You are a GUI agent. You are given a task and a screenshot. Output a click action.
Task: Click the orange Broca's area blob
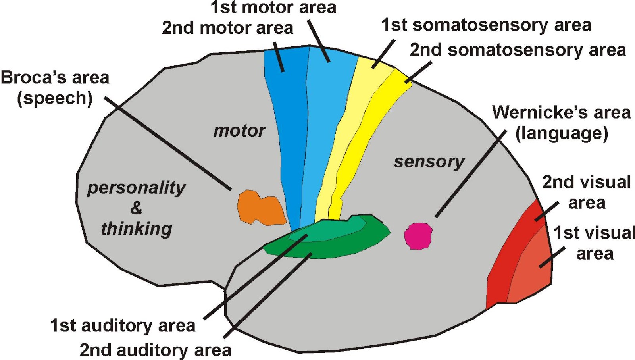tap(260, 208)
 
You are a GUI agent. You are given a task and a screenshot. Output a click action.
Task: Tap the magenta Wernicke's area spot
tap(418, 236)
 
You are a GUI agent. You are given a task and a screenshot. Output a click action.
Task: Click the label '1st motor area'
tap(273, 8)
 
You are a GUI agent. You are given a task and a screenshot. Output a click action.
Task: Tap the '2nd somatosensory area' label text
tap(518, 50)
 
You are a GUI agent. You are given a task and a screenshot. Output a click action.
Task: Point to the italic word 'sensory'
tap(429, 162)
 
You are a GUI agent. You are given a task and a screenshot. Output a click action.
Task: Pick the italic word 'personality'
tap(137, 189)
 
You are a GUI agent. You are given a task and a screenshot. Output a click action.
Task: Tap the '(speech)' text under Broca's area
tap(55, 99)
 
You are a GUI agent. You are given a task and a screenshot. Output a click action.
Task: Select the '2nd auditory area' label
tap(156, 350)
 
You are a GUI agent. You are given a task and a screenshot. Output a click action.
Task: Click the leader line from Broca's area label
tap(168, 143)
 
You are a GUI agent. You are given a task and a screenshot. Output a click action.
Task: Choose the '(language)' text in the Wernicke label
tap(562, 134)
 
